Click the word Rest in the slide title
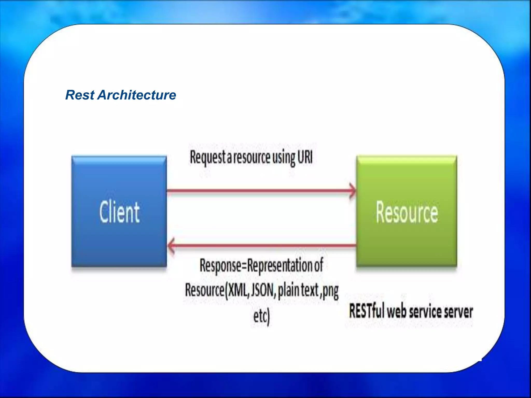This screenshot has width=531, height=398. [x=80, y=95]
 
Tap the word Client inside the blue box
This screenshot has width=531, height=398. [x=120, y=212]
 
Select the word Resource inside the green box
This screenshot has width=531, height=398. [x=407, y=212]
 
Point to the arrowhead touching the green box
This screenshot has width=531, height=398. [x=353, y=191]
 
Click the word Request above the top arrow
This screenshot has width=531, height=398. [x=208, y=157]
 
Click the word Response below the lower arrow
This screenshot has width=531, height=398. [x=220, y=266]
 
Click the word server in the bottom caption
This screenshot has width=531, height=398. [x=458, y=311]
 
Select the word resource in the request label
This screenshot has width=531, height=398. [x=251, y=157]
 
